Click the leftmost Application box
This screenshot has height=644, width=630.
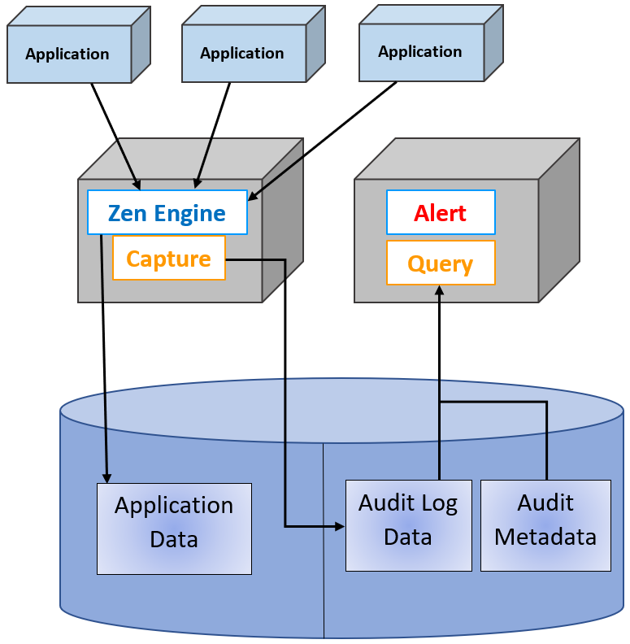click(x=68, y=54)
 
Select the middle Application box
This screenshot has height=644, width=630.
click(x=242, y=53)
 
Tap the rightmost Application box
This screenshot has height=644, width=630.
click(x=420, y=51)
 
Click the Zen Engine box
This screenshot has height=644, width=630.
click(x=167, y=213)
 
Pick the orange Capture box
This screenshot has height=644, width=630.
click(x=168, y=259)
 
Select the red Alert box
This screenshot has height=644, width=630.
click(x=440, y=213)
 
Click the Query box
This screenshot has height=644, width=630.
click(x=440, y=263)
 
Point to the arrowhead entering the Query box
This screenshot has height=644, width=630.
click(x=440, y=289)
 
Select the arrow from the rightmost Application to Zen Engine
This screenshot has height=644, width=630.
click(x=325, y=139)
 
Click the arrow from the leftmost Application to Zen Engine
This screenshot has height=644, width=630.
click(x=115, y=134)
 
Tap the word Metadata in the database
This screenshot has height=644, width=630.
click(x=545, y=537)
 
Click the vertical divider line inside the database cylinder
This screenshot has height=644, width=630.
click(x=324, y=569)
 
